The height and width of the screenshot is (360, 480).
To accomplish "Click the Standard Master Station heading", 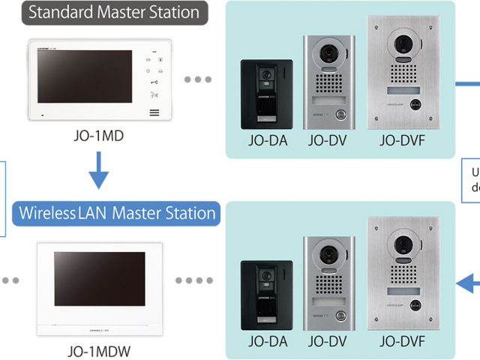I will pyautogui.click(x=114, y=13).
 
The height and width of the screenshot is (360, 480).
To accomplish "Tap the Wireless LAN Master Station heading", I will pyautogui.click(x=114, y=213).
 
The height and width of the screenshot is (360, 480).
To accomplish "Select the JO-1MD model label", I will pyautogui.click(x=97, y=138).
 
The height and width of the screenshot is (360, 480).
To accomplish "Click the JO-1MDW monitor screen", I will pyautogui.click(x=100, y=277).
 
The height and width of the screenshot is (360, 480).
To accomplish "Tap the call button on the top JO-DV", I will pyautogui.click(x=340, y=115).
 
